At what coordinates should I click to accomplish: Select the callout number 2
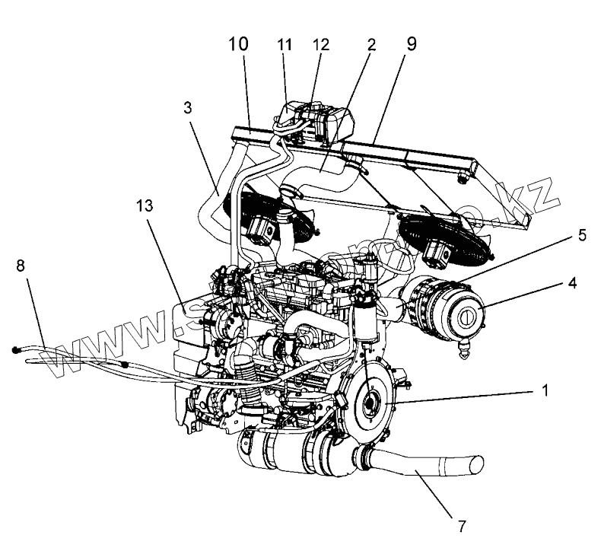(371, 44)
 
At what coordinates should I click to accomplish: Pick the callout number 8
(21, 266)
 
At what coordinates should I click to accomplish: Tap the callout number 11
(285, 45)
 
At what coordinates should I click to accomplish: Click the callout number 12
(320, 45)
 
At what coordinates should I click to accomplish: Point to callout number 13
(147, 205)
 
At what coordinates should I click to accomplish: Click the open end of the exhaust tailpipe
(476, 462)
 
